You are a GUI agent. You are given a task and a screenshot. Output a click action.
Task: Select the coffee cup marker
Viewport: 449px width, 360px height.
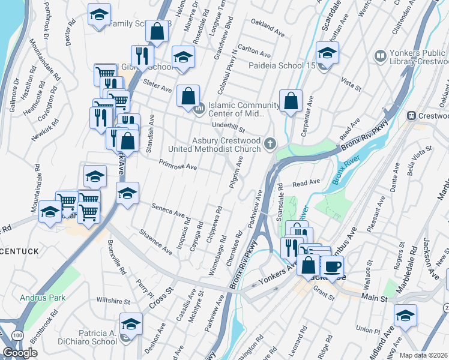click(x=332, y=265)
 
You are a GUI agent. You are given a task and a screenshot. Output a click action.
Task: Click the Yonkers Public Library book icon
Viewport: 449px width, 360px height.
click(x=379, y=56)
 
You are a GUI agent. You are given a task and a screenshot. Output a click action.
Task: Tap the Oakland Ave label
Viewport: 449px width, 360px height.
click(x=268, y=26)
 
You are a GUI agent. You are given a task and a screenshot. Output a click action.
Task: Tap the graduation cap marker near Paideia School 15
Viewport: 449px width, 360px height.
click(x=327, y=53)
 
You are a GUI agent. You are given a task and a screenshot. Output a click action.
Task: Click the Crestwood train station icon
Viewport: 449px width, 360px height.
click(x=411, y=115)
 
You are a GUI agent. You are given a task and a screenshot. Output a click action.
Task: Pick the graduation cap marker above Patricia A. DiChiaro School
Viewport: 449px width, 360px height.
click(x=131, y=323)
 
